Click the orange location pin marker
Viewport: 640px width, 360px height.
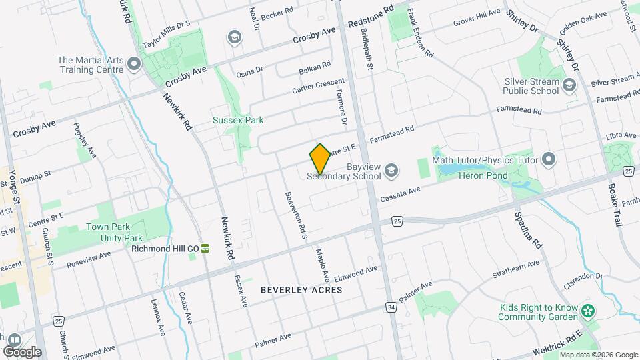click(x=320, y=159)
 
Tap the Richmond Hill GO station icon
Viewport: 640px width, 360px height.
click(x=206, y=249)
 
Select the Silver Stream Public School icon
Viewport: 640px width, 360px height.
click(x=569, y=85)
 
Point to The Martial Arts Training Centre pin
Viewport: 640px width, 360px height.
click(x=135, y=65)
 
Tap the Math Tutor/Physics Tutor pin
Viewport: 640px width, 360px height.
click(x=549, y=159)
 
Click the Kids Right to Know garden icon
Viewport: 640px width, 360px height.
click(x=587, y=310)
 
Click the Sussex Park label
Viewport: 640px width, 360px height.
click(x=238, y=121)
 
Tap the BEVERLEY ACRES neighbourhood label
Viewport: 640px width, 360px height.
click(x=301, y=290)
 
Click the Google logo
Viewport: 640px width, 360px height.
click(x=22, y=351)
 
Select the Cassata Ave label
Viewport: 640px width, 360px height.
click(x=400, y=195)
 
